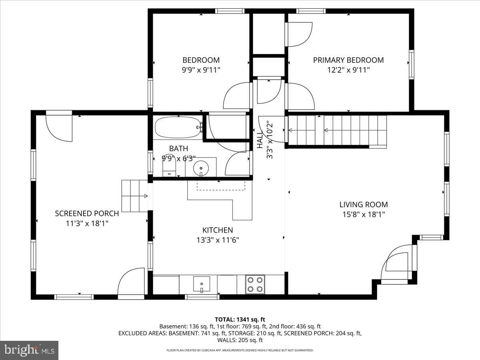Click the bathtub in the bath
[178, 127]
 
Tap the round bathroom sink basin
[201, 168]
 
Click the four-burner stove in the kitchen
[255, 284]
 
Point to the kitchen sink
[202, 284]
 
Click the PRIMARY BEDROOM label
[348, 60]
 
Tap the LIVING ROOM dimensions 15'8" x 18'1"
[364, 214]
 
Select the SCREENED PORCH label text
[87, 214]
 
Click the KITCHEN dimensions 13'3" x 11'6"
[218, 240]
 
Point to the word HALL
[260, 140]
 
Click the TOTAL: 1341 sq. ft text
[240, 320]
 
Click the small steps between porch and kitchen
[134, 196]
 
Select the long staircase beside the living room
[338, 130]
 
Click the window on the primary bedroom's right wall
[411, 64]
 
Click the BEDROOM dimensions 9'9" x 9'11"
[201, 70]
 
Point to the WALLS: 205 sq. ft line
[240, 340]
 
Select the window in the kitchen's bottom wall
[202, 297]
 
